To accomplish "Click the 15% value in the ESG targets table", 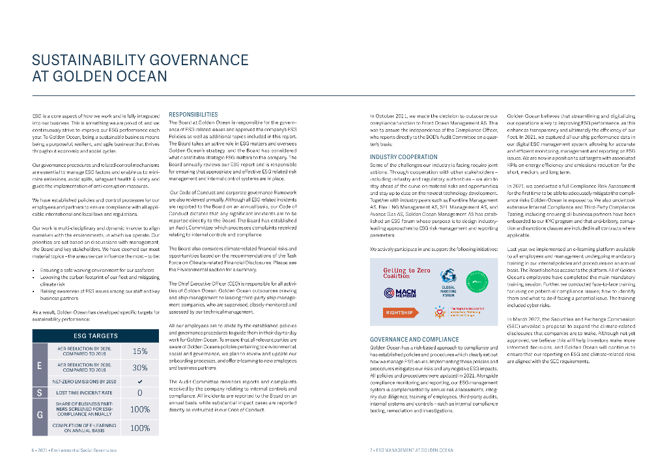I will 139,351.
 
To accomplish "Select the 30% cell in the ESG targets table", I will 139,367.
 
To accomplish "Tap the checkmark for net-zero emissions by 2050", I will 139,381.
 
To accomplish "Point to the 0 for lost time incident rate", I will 139,393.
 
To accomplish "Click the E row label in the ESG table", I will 40,366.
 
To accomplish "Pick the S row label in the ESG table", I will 40,393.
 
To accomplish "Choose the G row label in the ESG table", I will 40,415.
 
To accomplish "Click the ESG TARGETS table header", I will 96,336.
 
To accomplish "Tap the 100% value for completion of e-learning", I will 139,428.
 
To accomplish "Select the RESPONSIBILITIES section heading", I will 193,114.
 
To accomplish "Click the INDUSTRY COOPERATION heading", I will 403,157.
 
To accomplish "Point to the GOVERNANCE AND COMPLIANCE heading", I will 414,340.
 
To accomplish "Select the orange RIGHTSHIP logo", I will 399,312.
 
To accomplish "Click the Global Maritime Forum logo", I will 448,283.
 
